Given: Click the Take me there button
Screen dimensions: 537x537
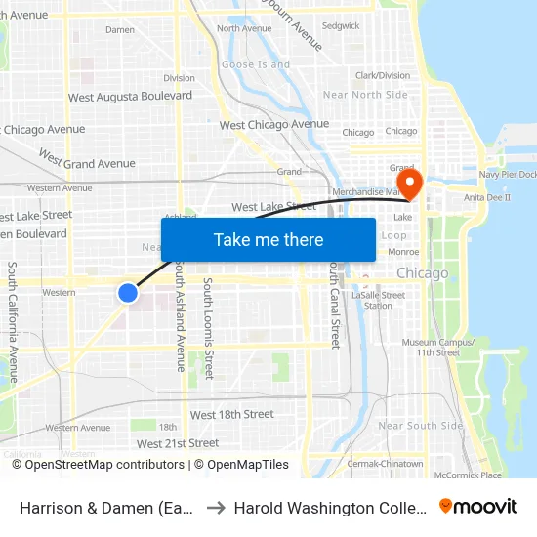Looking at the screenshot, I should [268, 239].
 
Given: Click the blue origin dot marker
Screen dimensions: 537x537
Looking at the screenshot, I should [127, 292].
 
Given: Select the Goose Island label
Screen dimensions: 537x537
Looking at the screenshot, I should [256, 64].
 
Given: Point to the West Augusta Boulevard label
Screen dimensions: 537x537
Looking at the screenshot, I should [130, 97].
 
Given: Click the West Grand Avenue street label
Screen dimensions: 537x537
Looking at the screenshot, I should [87, 160].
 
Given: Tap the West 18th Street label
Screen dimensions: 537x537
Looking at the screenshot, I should [231, 415].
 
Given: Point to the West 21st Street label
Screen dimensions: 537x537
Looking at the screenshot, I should [178, 443].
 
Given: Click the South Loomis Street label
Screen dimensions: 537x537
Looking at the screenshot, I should [208, 328].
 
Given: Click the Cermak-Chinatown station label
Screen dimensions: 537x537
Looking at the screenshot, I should [386, 463].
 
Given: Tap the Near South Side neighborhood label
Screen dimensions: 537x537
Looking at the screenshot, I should [420, 426].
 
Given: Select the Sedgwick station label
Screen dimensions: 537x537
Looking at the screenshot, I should [341, 25].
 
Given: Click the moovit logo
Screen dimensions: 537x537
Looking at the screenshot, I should [478, 506].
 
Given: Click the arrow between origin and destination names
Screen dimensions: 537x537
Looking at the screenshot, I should [215, 508].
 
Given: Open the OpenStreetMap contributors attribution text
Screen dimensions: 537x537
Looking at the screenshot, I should [99, 465].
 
